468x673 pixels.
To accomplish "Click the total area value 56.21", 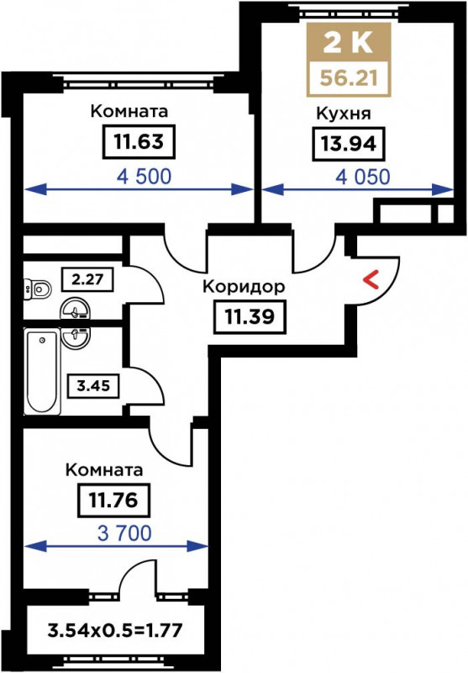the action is (349, 78).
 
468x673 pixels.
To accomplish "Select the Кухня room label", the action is (344, 114).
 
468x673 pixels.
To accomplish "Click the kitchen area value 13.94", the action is (349, 144).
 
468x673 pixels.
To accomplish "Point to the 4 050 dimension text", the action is (363, 177).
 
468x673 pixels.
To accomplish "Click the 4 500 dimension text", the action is (144, 177).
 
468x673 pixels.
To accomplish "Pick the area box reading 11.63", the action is (139, 141).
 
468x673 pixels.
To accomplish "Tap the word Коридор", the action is (244, 287).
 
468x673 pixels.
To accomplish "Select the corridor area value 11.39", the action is (250, 317).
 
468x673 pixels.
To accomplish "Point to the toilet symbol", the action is (37, 289).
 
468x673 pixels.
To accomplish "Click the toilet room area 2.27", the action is (87, 279).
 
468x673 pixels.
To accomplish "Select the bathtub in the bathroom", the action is (42, 372).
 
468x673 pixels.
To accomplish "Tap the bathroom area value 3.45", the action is (93, 386).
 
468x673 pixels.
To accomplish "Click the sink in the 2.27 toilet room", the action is (75, 309).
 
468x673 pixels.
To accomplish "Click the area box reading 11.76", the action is (113, 501).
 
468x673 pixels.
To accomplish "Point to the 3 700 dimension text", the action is (124, 533).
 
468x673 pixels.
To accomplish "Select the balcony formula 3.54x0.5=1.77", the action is (115, 631).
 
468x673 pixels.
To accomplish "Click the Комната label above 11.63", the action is (129, 111).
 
